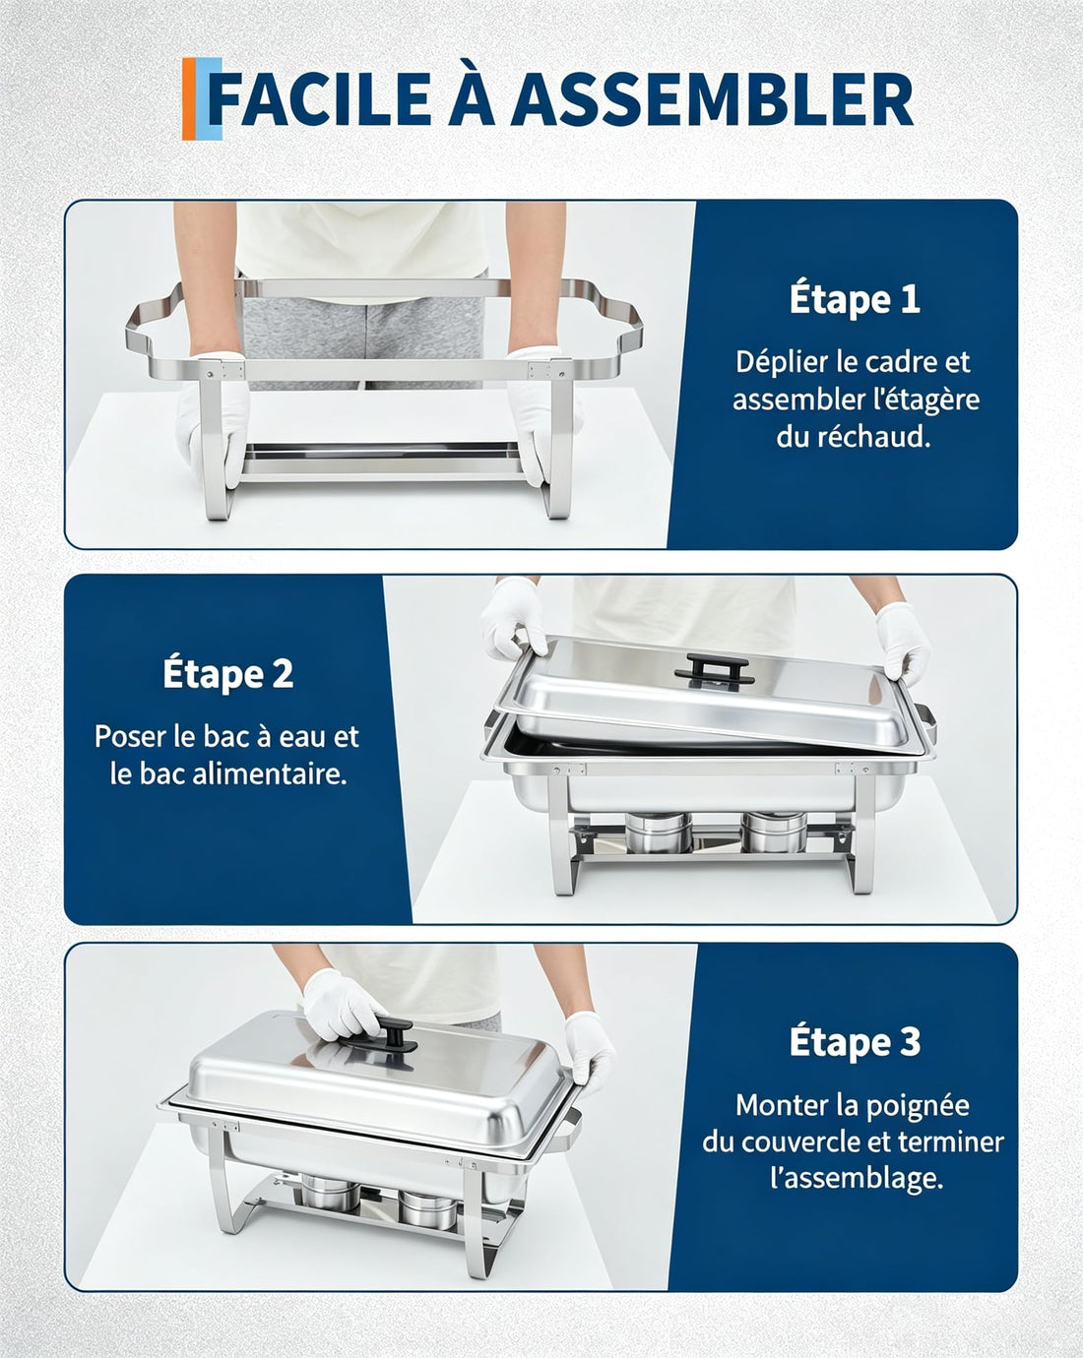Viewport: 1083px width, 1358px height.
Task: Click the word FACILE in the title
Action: coord(320,99)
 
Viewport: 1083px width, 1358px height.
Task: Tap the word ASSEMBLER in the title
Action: coord(712,99)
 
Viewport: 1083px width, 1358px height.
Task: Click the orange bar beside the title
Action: coord(188,98)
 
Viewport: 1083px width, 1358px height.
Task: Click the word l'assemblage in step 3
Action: coord(857,1178)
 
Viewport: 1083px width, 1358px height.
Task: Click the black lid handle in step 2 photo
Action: coord(714,668)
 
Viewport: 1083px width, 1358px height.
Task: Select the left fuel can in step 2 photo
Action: coord(658,832)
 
